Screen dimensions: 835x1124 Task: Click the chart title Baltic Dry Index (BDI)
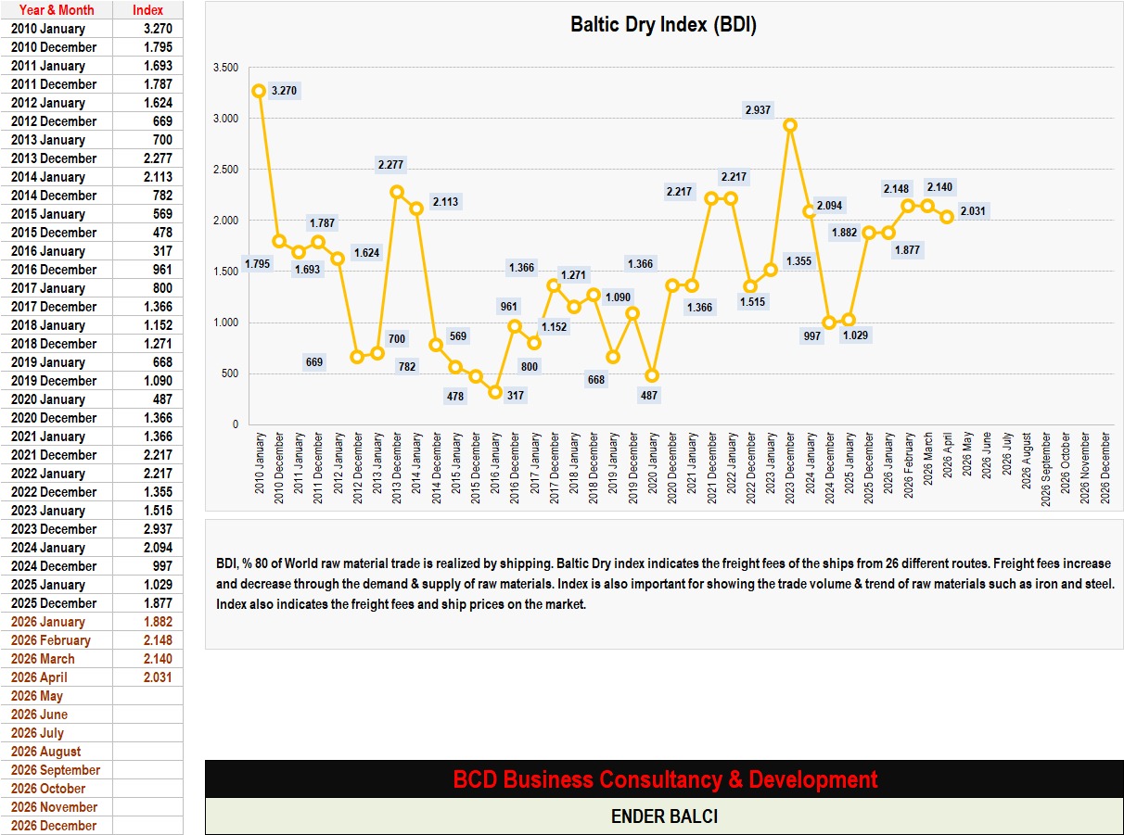pos(663,25)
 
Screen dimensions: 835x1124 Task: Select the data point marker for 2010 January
pos(259,91)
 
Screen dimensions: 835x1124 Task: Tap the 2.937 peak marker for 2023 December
pos(790,125)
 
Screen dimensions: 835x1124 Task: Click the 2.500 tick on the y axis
pos(225,170)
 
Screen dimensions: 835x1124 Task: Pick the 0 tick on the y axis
pos(235,424)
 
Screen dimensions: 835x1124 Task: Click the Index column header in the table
pos(148,10)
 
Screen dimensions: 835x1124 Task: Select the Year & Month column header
pos(57,10)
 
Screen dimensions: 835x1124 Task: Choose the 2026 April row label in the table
pos(39,677)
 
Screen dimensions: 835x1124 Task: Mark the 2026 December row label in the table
pos(54,826)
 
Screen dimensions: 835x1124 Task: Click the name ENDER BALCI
pos(664,816)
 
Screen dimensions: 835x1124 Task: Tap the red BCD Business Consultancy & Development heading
pos(665,779)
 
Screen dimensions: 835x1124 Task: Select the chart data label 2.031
pos(973,211)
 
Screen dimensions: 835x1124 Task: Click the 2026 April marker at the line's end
pos(947,217)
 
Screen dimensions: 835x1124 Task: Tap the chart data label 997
pos(811,335)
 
